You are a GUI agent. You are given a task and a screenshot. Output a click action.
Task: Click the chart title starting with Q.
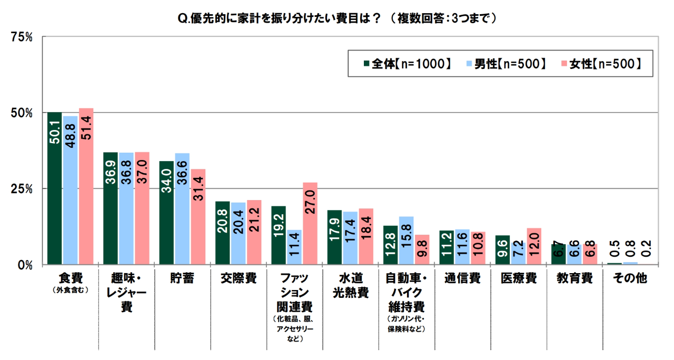pyautogui.click(x=338, y=17)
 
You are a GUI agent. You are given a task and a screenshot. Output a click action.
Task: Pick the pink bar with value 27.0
pyautogui.click(x=310, y=223)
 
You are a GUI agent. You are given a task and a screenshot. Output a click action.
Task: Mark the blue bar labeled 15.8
pyautogui.click(x=407, y=240)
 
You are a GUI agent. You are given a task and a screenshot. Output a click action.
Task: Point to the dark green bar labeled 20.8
pyautogui.click(x=222, y=233)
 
